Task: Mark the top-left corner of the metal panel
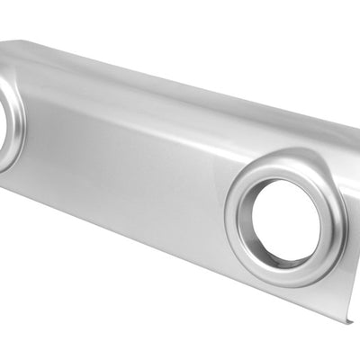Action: coord(3,41)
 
